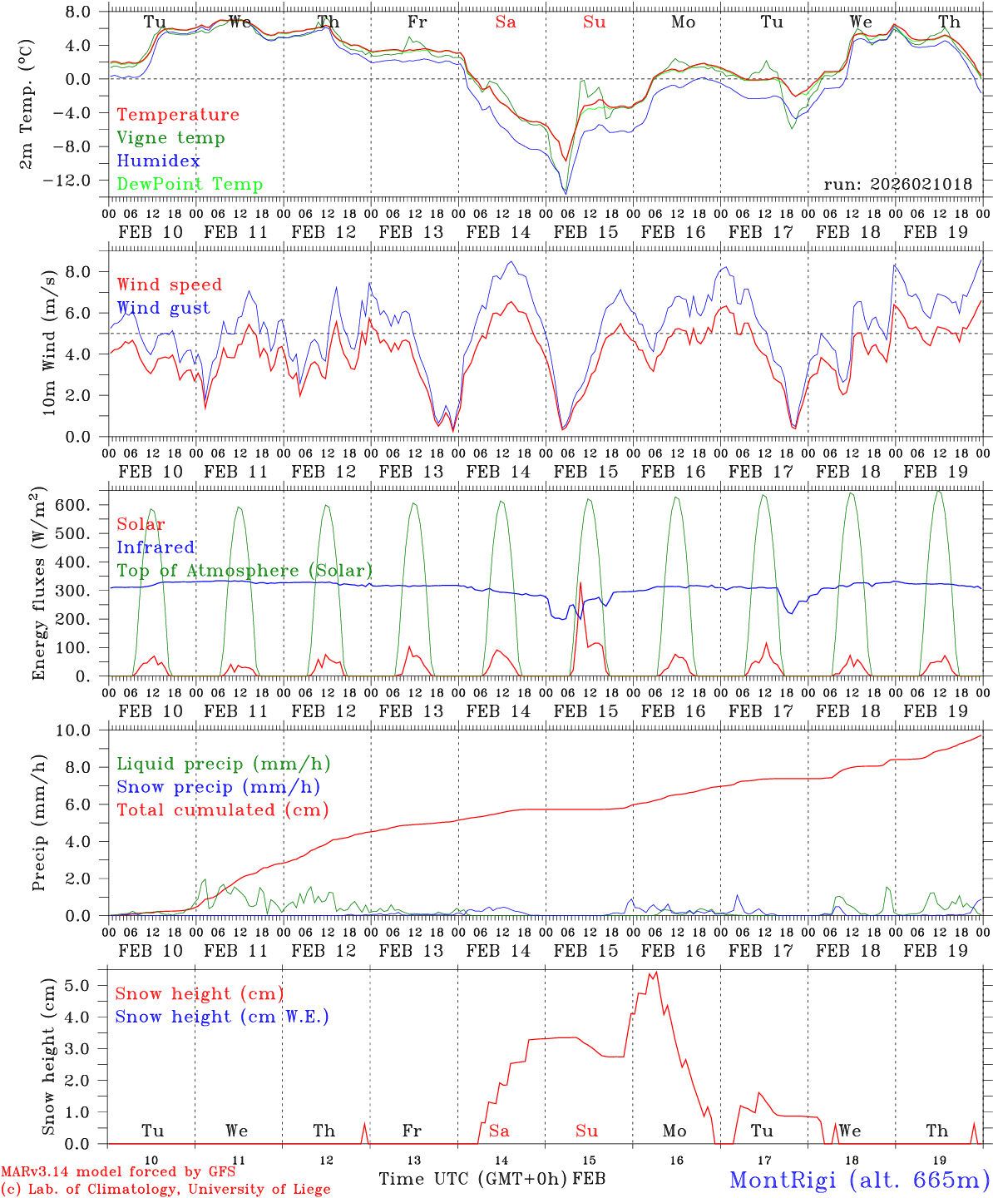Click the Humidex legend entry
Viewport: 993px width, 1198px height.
tap(158, 161)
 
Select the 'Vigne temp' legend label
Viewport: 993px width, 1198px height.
tap(170, 138)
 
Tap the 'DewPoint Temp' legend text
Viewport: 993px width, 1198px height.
tap(190, 185)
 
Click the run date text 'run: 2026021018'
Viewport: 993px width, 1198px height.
tap(897, 185)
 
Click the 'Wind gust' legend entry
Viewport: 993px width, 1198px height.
tap(163, 308)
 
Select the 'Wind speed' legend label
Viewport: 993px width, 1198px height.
tap(170, 285)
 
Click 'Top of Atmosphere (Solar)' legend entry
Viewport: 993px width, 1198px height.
tap(245, 571)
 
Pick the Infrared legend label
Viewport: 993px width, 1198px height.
tap(156, 547)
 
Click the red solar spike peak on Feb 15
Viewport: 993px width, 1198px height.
tap(580, 582)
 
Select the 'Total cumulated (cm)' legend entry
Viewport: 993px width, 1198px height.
tap(223, 810)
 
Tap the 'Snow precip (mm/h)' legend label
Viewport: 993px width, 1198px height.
tap(219, 787)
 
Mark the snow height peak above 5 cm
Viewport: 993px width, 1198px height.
tap(655, 973)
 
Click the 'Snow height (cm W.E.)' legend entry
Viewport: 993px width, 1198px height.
tap(222, 1017)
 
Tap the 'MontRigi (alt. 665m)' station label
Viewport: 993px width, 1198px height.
tap(859, 1179)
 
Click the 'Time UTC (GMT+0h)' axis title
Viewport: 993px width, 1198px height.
tap(473, 1179)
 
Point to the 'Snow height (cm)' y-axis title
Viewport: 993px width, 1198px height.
tap(49, 1057)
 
